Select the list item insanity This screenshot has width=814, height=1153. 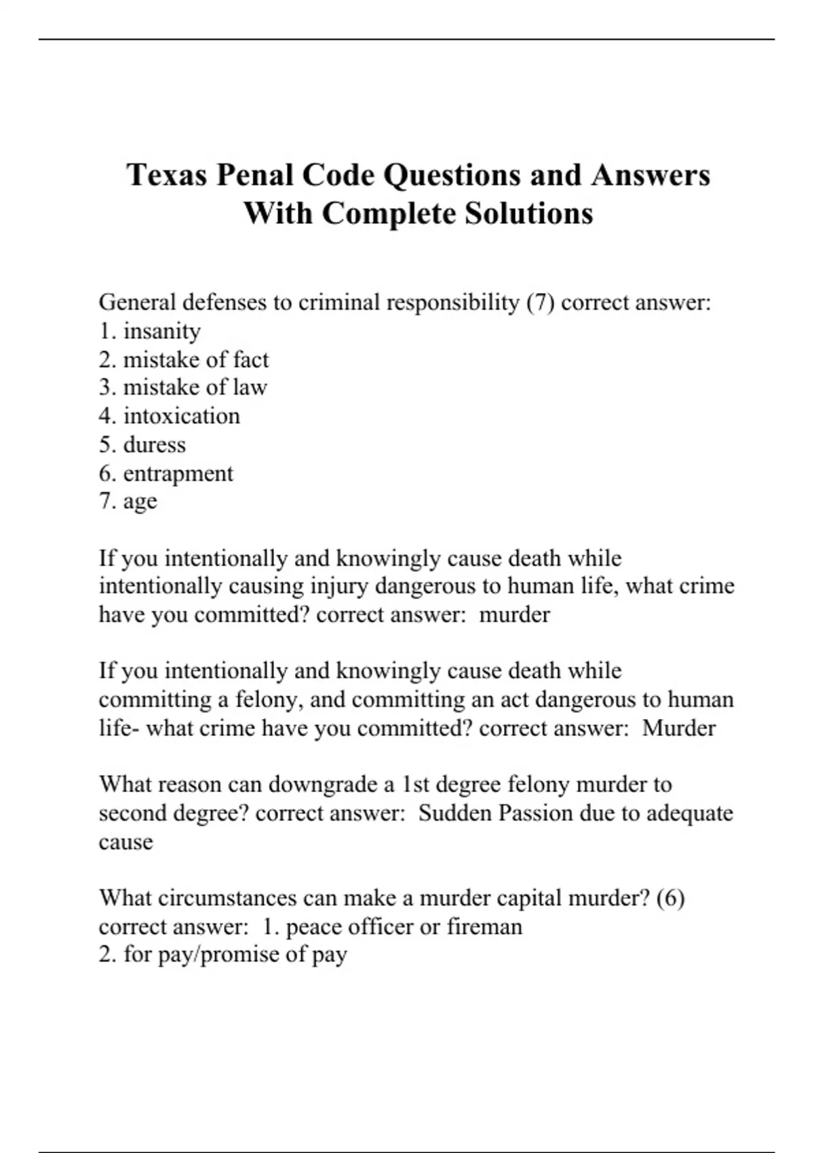[161, 331]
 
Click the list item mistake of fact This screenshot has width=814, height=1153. [195, 359]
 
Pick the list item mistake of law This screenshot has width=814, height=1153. [195, 387]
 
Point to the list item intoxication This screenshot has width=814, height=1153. [181, 416]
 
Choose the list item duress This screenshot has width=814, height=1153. [154, 445]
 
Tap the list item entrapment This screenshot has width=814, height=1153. [178, 473]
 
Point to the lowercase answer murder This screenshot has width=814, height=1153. [514, 615]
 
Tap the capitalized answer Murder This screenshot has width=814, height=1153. [678, 728]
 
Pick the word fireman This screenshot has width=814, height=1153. [484, 926]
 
